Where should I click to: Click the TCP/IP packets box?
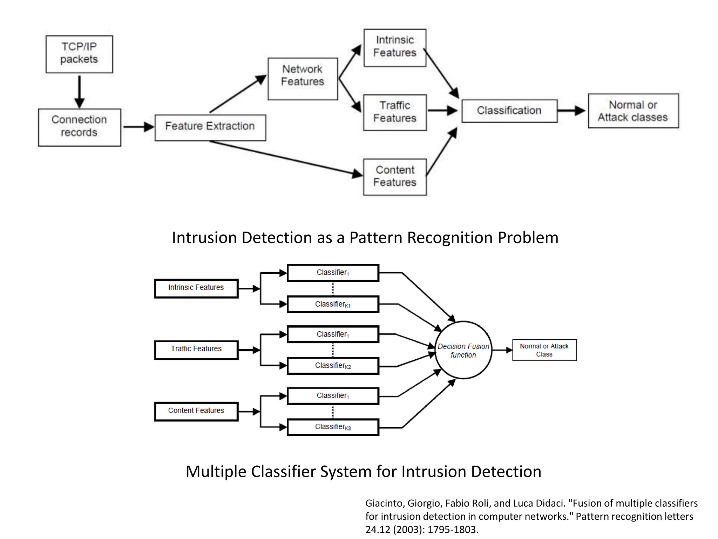[79, 54]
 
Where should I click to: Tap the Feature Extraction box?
[210, 127]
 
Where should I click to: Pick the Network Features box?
[303, 79]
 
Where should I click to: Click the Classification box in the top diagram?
[509, 111]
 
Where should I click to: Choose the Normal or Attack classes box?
[633, 111]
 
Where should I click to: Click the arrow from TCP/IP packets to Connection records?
[80, 91]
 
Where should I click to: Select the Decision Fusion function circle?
[463, 350]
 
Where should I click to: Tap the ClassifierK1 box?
[333, 304]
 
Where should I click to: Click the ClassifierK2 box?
[333, 366]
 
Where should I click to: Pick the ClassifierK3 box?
[333, 427]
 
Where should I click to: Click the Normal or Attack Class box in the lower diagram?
[544, 350]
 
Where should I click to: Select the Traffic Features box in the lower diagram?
[196, 350]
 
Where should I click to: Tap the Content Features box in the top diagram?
[395, 177]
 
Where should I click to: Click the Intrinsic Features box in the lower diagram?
[196, 288]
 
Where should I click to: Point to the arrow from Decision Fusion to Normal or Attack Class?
[502, 350]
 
